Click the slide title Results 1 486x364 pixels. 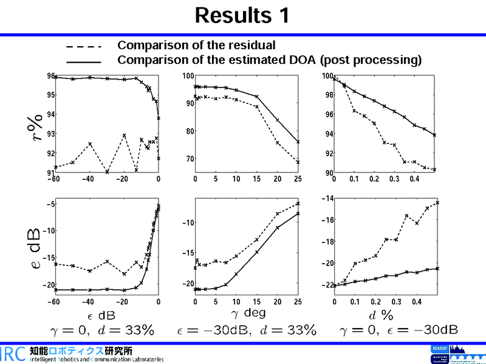(242, 16)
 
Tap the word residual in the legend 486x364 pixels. (250, 45)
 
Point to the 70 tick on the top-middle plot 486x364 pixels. (190, 159)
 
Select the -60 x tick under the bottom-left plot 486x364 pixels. (55, 302)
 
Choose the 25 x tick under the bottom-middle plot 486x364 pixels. (298, 302)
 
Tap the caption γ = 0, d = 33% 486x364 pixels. (101, 330)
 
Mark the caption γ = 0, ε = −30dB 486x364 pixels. (399, 330)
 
